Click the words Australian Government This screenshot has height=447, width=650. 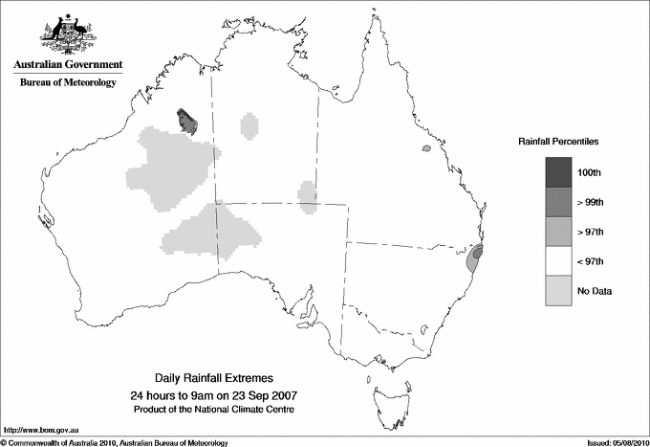coord(68,65)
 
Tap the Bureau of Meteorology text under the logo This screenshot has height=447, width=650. coord(68,82)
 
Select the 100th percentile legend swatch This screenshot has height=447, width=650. coord(559,172)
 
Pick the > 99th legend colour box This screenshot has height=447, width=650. coord(559,202)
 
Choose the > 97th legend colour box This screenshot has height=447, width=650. coord(559,232)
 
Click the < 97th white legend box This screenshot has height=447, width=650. coord(559,261)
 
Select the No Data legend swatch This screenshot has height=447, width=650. coord(559,291)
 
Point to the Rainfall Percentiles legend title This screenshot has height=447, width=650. coord(558,142)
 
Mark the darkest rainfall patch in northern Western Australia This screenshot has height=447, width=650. coord(186,121)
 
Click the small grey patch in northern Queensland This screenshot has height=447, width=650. coord(425,149)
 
